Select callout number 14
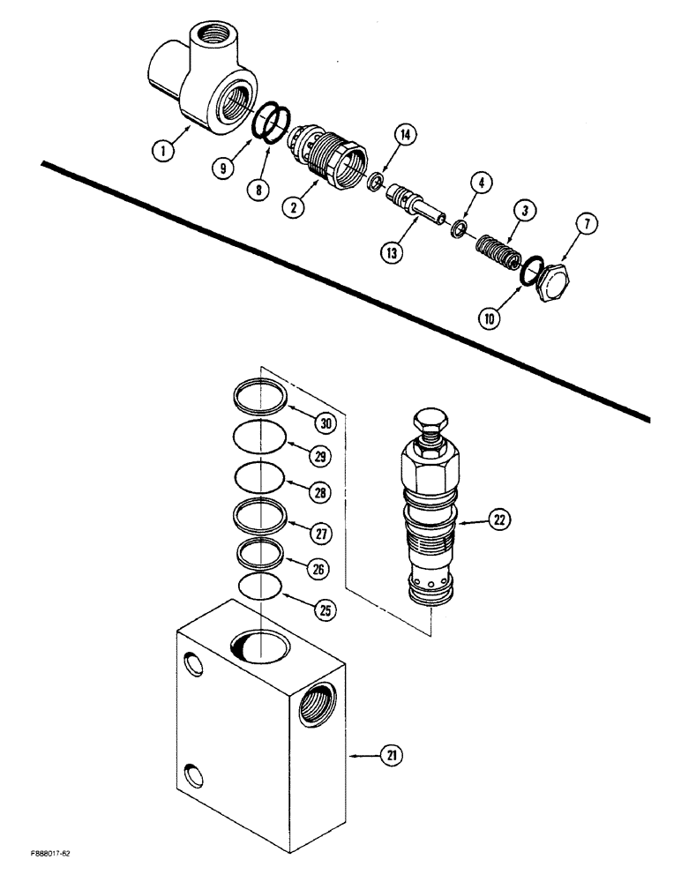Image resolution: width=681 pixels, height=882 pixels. (406, 135)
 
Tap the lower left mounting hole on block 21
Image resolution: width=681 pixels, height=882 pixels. (192, 776)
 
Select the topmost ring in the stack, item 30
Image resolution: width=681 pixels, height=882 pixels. (261, 397)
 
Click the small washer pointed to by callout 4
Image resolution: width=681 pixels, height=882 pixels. (458, 230)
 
